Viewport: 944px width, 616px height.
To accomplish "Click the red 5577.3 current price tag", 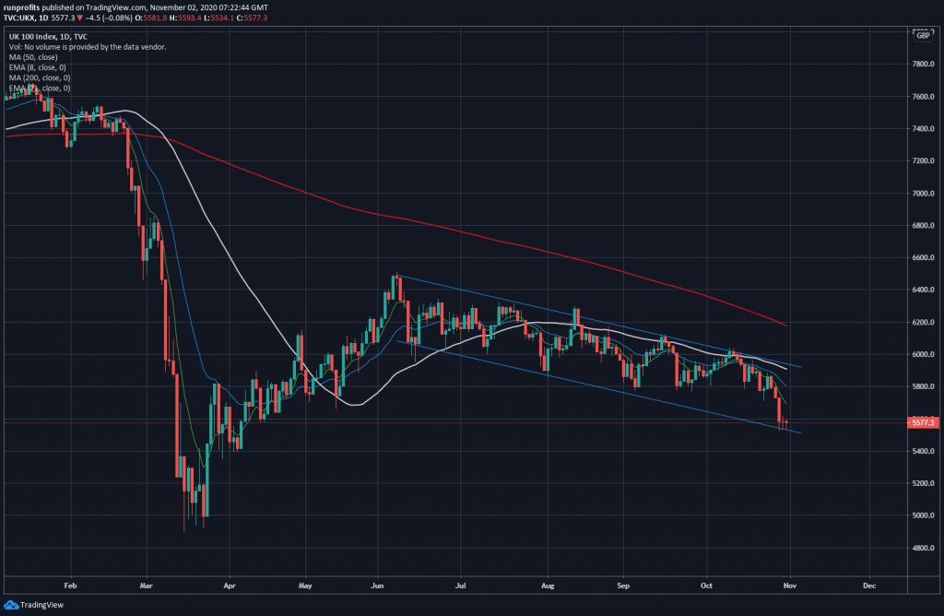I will (923, 422).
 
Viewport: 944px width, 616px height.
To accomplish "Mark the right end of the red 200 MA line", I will (785, 326).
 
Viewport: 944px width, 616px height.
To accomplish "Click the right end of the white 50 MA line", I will (785, 368).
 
